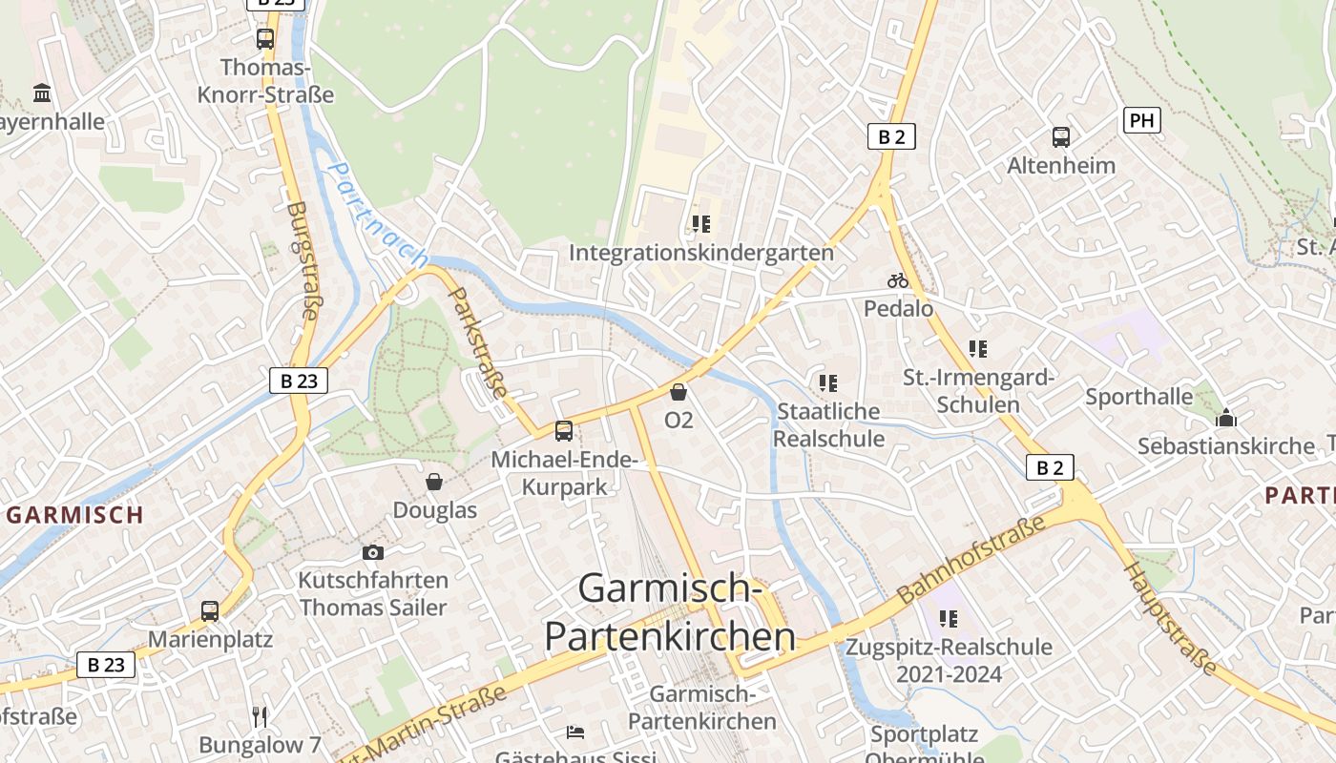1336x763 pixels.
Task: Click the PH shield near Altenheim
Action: coord(1142,120)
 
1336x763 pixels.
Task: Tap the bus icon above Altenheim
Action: coord(1061,137)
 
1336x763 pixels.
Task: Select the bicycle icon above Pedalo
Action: coord(897,280)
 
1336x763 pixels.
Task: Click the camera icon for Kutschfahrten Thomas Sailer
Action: coord(373,552)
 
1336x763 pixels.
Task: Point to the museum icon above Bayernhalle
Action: coord(42,93)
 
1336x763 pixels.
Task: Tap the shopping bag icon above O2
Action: coord(678,392)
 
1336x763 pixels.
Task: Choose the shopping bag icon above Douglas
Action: coord(434,482)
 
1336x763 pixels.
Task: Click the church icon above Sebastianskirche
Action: coord(1226,418)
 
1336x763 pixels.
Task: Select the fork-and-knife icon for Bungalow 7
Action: coord(259,715)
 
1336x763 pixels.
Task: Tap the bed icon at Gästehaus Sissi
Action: coord(575,732)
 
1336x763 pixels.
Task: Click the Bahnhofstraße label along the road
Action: coord(971,561)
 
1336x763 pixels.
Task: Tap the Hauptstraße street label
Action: coord(1171,617)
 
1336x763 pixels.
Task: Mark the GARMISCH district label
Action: coord(75,515)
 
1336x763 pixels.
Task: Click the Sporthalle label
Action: coord(1138,397)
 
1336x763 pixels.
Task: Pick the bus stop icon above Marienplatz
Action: coord(210,611)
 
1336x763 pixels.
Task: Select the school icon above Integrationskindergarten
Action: coord(701,224)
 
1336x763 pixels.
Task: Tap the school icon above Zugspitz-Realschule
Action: coord(948,619)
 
